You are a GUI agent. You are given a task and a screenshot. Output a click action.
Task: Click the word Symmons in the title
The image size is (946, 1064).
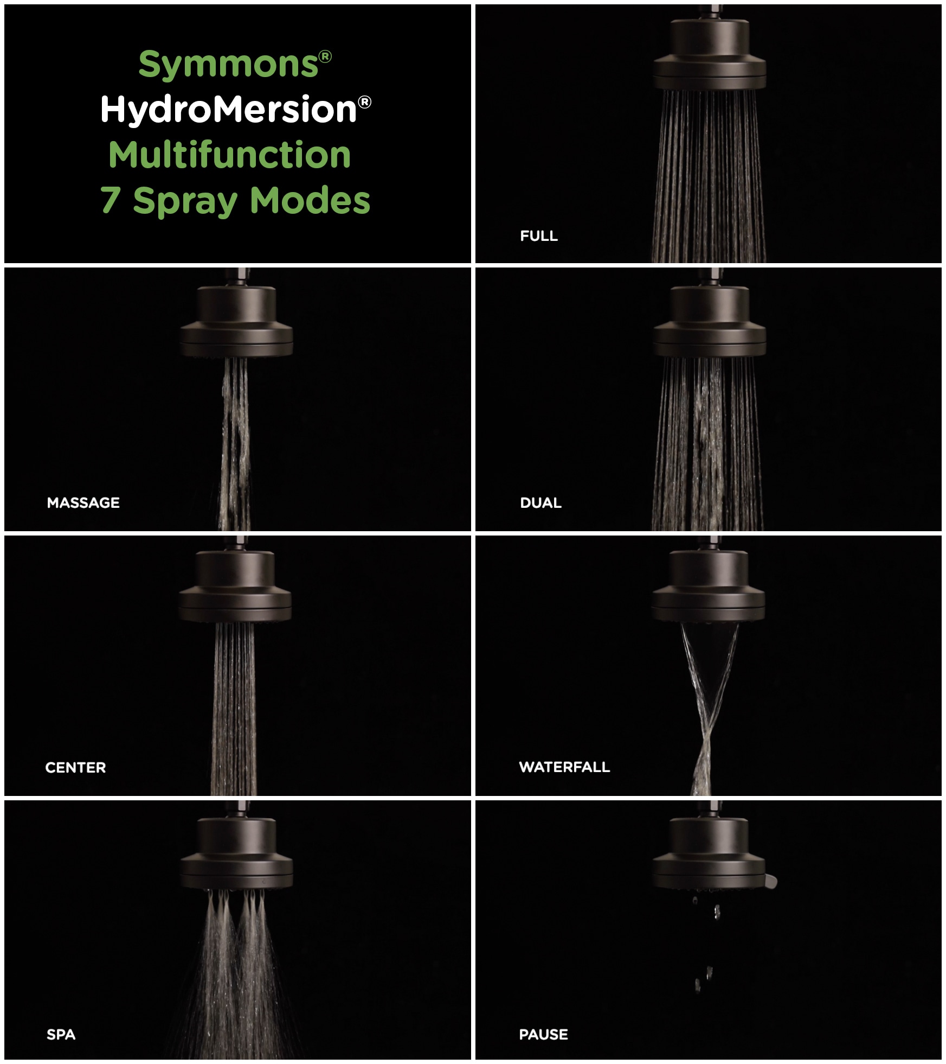point(228,65)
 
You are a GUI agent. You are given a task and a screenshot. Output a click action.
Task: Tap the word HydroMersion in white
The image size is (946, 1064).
point(228,109)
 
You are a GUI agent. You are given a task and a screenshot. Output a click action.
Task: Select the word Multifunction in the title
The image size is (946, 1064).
point(230,155)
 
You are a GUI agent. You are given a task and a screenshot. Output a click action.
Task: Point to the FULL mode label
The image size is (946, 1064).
point(539,236)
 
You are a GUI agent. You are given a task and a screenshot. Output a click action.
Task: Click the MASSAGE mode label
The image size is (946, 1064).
point(83,503)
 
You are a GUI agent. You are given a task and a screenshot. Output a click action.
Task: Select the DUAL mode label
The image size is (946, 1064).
point(540,503)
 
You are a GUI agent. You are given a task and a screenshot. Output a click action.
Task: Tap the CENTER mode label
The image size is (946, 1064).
point(75,768)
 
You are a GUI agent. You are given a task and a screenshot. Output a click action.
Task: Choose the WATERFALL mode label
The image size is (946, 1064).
point(564,767)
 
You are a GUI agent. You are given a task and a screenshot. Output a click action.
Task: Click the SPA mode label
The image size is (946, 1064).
point(61,1035)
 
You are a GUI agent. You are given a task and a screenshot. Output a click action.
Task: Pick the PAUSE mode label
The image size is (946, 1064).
point(543,1035)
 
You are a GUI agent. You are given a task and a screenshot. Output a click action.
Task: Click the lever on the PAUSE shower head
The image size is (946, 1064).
point(771,881)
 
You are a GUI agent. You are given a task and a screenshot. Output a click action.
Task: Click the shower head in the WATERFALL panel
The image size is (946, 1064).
point(709,586)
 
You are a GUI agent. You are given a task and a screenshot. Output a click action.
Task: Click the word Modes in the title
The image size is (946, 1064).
point(310,200)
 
